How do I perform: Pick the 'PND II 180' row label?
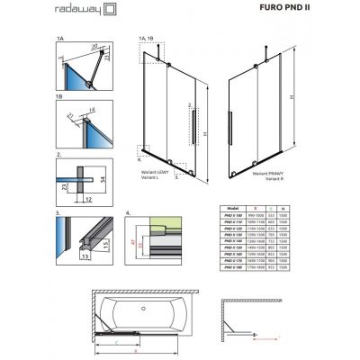(233, 267)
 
